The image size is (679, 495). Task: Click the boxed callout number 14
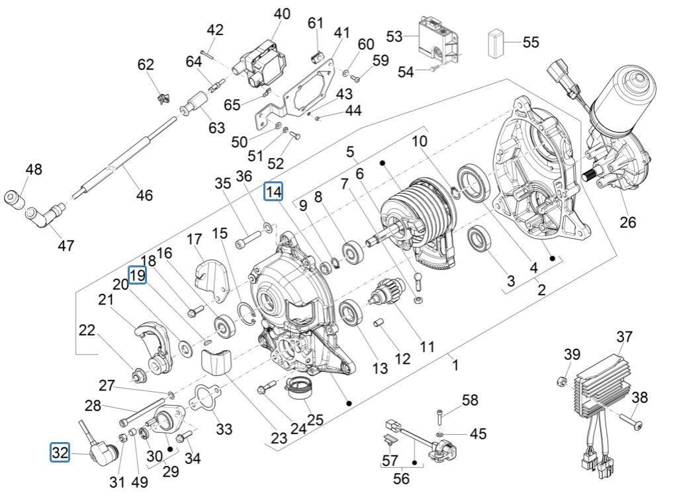(273, 192)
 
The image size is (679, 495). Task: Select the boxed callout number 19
(137, 275)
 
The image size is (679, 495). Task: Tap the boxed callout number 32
(60, 453)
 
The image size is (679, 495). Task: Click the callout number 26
(627, 222)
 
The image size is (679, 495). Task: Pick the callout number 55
(531, 42)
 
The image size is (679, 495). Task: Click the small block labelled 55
(496, 44)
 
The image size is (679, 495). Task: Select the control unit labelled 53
(437, 41)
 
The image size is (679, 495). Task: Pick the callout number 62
(146, 65)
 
